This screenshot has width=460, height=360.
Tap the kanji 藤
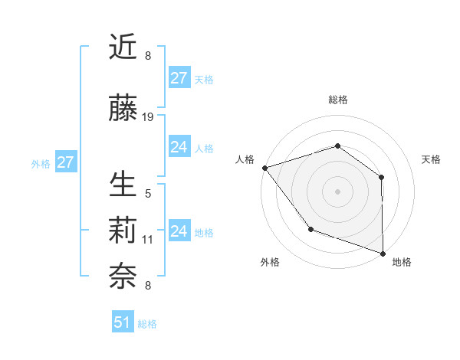[123, 109]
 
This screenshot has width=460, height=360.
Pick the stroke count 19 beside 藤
[148, 117]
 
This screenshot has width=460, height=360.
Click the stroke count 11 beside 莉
[148, 240]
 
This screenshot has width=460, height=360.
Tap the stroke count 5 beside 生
[148, 194]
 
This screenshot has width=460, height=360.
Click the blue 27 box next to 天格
[179, 77]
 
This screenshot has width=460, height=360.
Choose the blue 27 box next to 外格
[65, 162]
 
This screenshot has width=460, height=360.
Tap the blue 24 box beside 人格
[179, 147]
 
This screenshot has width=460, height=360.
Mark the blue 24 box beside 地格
[179, 231]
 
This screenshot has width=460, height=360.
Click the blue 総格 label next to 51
[147, 324]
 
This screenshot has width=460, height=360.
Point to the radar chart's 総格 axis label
[337, 100]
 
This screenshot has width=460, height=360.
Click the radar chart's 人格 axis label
[245, 159]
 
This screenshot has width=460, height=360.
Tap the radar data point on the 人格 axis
[264, 167]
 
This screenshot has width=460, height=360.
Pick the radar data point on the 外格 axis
[310, 228]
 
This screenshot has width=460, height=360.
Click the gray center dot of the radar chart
[337, 191]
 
